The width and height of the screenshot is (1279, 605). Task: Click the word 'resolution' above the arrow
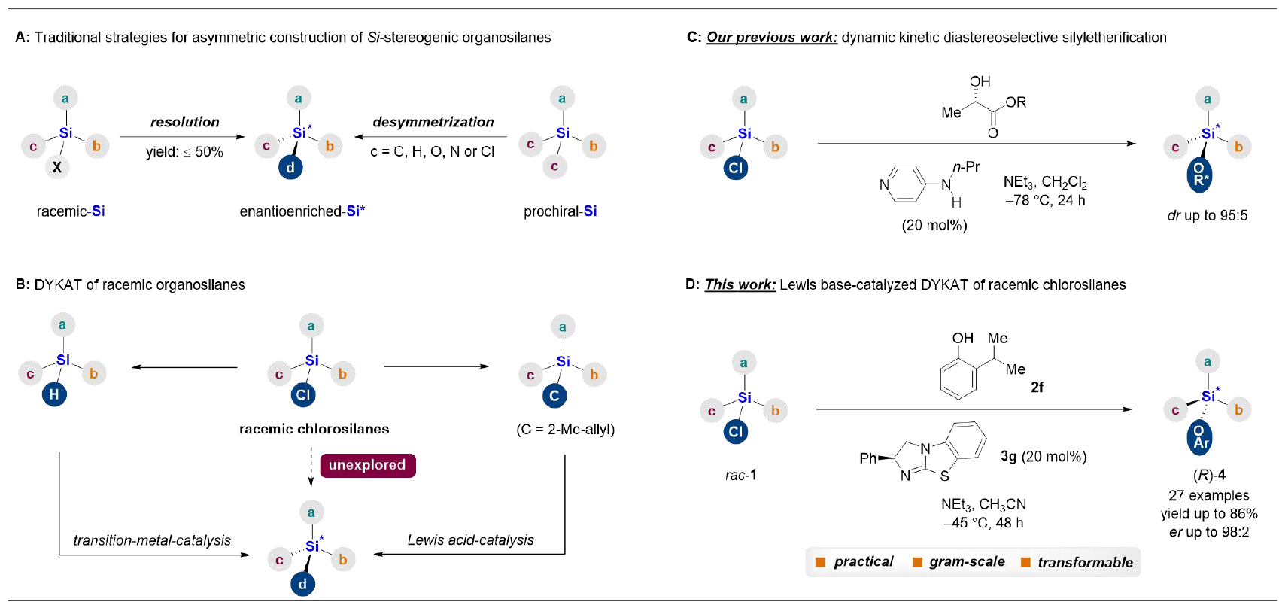184,122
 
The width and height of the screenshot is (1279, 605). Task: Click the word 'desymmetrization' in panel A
433,122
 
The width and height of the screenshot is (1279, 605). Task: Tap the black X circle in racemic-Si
57,167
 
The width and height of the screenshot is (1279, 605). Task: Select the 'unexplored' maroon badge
367,465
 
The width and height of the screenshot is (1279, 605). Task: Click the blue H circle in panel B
53,394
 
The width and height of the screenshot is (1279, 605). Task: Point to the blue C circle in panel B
554,395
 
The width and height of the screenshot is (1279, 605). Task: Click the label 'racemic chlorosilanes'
314,429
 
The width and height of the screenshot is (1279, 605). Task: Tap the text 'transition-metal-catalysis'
152,540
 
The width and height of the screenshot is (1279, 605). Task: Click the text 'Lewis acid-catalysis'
470,540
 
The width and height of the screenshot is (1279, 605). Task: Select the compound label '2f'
1037,387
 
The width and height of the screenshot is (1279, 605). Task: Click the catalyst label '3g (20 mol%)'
1043,457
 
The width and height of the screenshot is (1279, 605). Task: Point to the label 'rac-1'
740,475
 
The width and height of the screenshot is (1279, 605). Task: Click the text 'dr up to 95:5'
1207,216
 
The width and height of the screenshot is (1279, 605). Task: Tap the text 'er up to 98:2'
1208,532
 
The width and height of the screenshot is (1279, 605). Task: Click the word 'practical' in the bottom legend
863,562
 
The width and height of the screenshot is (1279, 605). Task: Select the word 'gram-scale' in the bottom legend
967,562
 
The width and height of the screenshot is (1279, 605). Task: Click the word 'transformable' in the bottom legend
1085,562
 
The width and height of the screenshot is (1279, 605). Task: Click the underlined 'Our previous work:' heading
771,38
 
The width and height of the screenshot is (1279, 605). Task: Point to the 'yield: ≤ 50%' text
184,152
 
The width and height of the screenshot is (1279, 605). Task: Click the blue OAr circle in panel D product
1200,437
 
